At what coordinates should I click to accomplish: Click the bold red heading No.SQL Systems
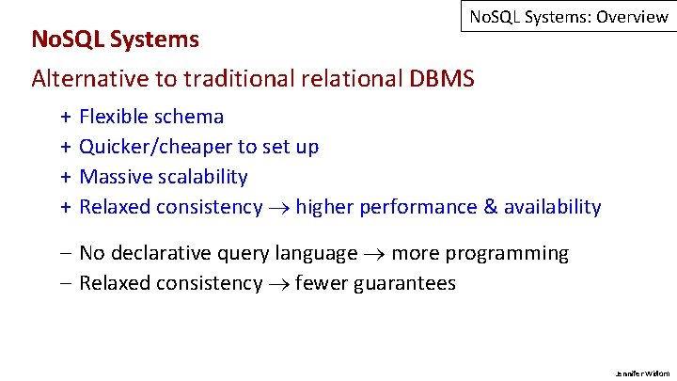pos(115,40)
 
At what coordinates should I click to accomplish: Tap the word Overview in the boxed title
pos(631,17)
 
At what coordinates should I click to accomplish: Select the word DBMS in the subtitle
pos(442,78)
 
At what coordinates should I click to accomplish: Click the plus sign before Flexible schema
pos(67,118)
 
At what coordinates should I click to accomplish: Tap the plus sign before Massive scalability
pos(67,177)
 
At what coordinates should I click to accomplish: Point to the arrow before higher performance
pos(279,208)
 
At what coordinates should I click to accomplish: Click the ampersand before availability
pos(488,207)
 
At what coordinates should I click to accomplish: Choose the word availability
pos(552,207)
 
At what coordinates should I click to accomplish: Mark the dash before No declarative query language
pos(67,254)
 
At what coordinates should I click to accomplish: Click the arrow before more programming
pos(374,254)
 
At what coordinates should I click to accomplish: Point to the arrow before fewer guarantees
pos(279,284)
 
